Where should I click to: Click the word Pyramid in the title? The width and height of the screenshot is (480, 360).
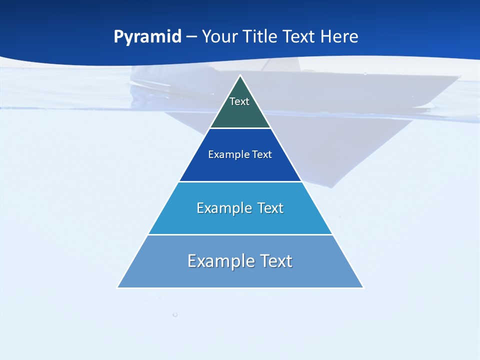(x=147, y=37)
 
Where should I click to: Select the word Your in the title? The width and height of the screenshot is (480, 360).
(x=219, y=36)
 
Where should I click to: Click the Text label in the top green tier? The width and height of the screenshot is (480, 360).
(x=239, y=101)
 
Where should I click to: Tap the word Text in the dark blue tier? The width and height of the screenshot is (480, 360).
(x=262, y=154)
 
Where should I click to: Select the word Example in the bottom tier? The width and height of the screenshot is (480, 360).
(x=220, y=261)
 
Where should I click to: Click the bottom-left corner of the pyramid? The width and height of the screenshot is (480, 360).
(x=118, y=287)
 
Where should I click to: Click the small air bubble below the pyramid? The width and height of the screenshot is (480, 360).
(x=175, y=314)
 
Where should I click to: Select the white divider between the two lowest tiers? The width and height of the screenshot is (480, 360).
(x=240, y=234)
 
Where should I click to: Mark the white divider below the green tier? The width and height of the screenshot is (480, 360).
(x=240, y=128)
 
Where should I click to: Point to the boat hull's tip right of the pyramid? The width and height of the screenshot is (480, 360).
(x=458, y=76)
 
